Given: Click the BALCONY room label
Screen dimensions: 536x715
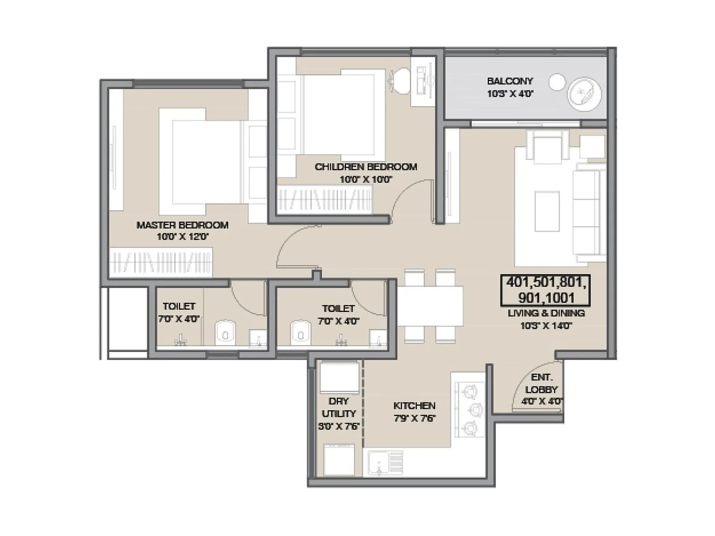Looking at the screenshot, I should click(510, 81).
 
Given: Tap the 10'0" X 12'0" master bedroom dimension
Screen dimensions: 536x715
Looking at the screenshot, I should click(182, 237).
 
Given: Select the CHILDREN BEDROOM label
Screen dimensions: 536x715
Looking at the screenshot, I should click(366, 167).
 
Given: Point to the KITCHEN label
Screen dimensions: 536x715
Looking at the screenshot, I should click(414, 406).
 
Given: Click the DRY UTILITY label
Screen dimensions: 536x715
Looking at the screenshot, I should click(339, 407).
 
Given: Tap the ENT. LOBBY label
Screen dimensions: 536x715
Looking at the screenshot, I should click(542, 383).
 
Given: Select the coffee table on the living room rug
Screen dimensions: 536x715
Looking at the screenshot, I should click(547, 211).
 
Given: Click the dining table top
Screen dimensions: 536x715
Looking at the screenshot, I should click(430, 306).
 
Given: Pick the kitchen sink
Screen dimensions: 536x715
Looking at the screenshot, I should click(379, 462).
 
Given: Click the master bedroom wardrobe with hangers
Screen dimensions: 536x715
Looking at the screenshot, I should click(161, 262).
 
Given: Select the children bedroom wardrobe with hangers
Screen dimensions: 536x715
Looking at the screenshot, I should click(325, 199).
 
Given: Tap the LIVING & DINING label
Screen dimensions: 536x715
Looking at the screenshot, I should click(546, 313).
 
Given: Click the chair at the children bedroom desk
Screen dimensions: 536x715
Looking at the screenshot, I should click(400, 80).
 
